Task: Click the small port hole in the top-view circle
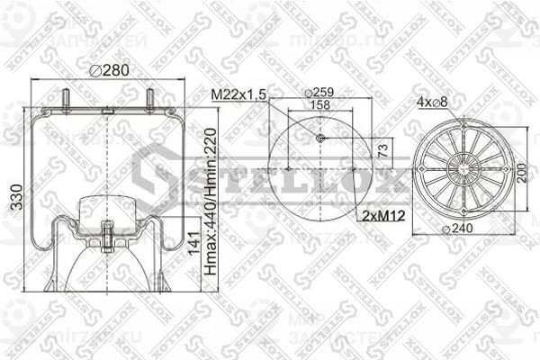(x=321, y=138)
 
